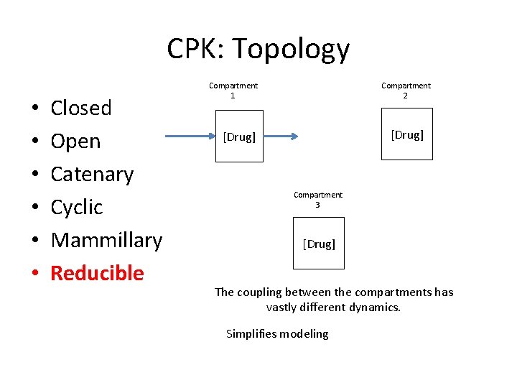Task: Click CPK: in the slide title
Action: (x=196, y=49)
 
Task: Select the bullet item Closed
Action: (x=81, y=108)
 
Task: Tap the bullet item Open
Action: (x=75, y=142)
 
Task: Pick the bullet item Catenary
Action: (x=92, y=175)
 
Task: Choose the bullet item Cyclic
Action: (x=77, y=207)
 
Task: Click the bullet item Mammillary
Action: (x=106, y=240)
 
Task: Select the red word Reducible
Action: (x=97, y=273)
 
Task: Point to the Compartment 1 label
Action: (x=233, y=91)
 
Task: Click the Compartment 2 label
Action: (x=406, y=91)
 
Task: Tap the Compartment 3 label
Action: (x=318, y=200)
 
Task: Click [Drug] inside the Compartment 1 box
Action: (x=239, y=137)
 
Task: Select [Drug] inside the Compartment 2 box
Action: (x=407, y=134)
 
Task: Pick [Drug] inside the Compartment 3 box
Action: (x=319, y=244)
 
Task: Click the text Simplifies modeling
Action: (x=277, y=333)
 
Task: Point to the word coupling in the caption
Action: (x=261, y=292)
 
